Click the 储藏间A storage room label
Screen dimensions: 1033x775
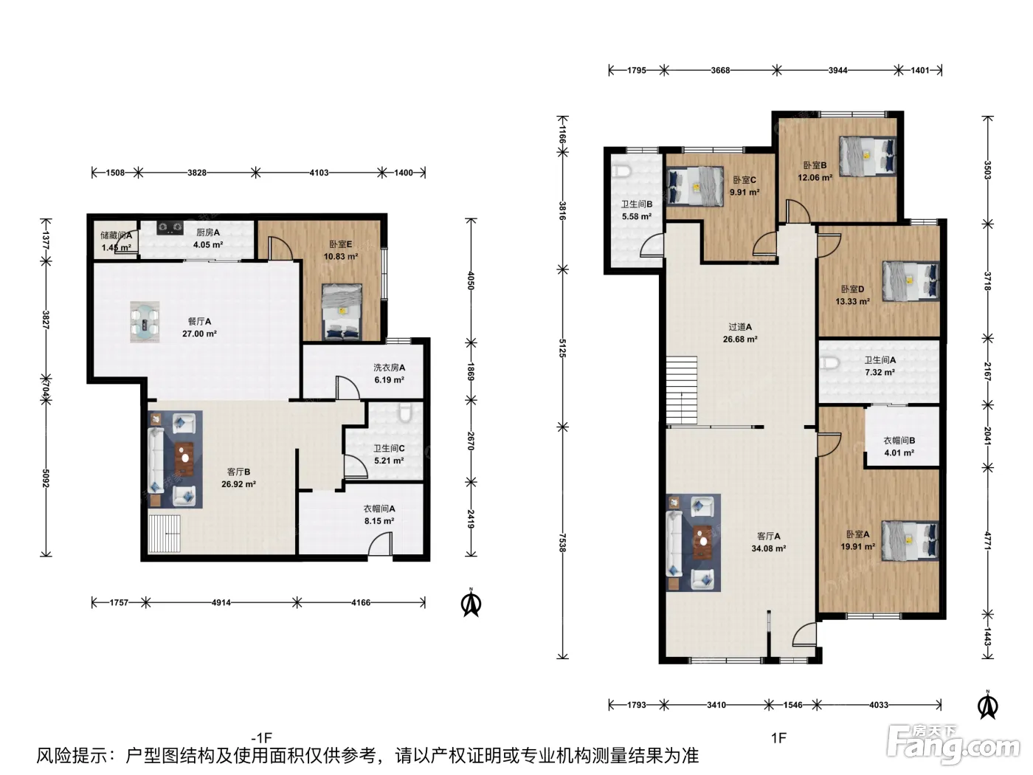[x=116, y=235]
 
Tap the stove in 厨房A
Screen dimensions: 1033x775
[x=170, y=228]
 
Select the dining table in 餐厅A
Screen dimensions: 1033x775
[x=145, y=322]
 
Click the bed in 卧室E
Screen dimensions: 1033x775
[x=342, y=311]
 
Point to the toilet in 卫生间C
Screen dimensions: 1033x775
[x=405, y=412]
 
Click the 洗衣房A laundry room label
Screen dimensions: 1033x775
[x=389, y=368]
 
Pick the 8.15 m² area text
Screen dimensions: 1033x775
[x=379, y=521]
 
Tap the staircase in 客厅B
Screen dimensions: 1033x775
[x=165, y=534]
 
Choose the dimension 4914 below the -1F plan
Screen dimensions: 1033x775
[x=221, y=602]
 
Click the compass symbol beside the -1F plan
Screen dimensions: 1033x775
[x=471, y=603]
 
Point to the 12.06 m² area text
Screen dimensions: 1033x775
[x=815, y=178]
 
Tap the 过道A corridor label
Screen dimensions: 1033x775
[x=740, y=326]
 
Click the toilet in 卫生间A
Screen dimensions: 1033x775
[x=830, y=363]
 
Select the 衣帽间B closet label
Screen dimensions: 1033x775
[x=899, y=441]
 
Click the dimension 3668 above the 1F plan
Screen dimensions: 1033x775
[x=720, y=70]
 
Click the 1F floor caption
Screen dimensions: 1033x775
[x=779, y=737]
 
